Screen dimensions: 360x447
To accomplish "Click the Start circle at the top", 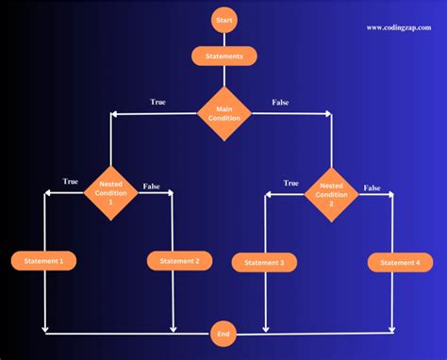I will [x=223, y=20].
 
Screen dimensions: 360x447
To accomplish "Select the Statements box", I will [x=223, y=57].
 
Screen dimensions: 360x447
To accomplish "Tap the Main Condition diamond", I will [x=223, y=113].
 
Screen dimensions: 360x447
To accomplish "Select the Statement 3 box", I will [x=264, y=263].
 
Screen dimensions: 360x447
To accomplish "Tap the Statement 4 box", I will [x=394, y=263].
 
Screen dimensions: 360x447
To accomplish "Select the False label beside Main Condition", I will [x=281, y=102].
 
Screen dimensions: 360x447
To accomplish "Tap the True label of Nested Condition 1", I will [x=71, y=181].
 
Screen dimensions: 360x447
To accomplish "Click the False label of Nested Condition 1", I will [x=151, y=187].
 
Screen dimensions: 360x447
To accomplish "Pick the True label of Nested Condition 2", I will [x=291, y=183].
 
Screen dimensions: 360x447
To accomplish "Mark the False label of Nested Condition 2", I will [x=372, y=188].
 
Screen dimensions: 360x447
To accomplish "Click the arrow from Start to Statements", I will [x=223, y=40].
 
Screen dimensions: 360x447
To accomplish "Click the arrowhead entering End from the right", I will [x=240, y=333].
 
